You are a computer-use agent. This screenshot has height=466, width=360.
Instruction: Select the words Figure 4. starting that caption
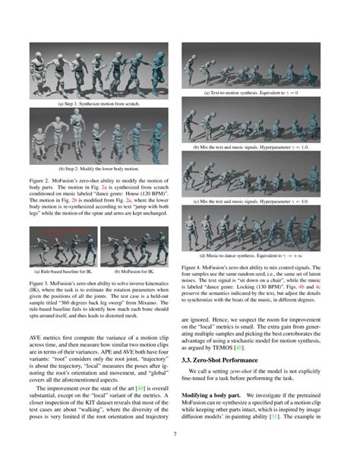[x=194, y=268]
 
